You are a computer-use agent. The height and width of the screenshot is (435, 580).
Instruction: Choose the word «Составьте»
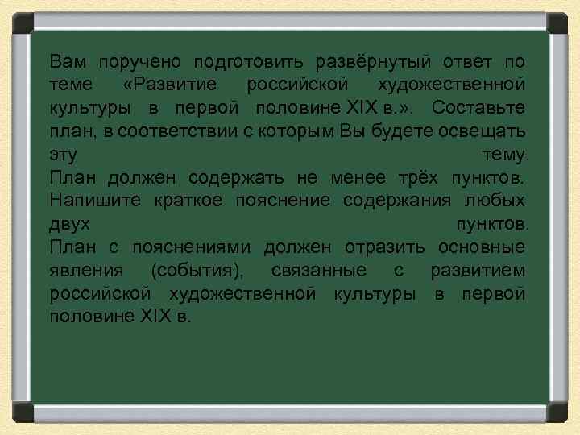478,107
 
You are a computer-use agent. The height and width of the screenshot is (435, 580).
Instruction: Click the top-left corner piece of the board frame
19,21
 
